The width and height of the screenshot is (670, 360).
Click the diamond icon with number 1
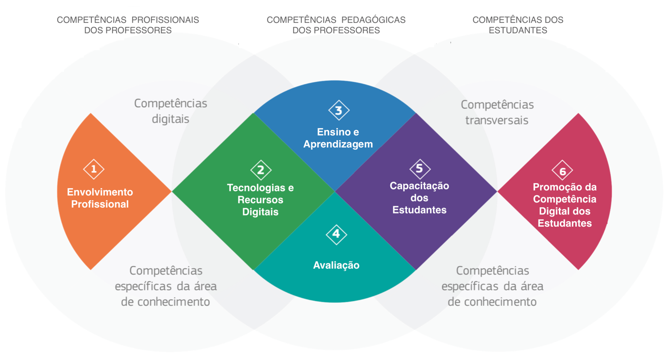pyautogui.click(x=94, y=169)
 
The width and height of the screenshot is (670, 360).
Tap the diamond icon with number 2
pyautogui.click(x=261, y=170)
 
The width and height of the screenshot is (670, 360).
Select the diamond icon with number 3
pyautogui.click(x=338, y=110)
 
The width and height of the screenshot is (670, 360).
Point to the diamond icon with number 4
pyautogui.click(x=336, y=235)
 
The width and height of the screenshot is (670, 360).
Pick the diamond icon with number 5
pyautogui.click(x=419, y=169)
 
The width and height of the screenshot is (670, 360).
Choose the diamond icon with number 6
pyautogui.click(x=562, y=171)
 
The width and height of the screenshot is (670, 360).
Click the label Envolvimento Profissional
pyautogui.click(x=100, y=198)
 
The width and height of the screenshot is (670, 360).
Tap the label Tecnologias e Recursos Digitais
pyautogui.click(x=260, y=199)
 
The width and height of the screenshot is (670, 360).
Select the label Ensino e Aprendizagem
pyautogui.click(x=338, y=138)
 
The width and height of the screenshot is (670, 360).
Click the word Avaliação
pyautogui.click(x=336, y=265)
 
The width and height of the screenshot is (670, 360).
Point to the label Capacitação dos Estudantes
pyautogui.click(x=419, y=198)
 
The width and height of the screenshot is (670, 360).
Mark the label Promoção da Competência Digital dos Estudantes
pyautogui.click(x=565, y=205)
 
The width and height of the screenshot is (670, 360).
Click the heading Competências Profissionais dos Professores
pyautogui.click(x=128, y=25)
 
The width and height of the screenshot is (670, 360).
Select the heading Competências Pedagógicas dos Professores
pyautogui.click(x=336, y=25)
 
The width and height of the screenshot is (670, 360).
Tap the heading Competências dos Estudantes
pyautogui.click(x=518, y=25)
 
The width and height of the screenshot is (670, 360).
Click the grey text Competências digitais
pyautogui.click(x=170, y=111)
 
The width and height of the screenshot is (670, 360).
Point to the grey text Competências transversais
pyautogui.click(x=497, y=112)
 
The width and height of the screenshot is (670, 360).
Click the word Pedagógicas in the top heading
pyautogui.click(x=373, y=20)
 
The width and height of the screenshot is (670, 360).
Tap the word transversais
pyautogui.click(x=497, y=119)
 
